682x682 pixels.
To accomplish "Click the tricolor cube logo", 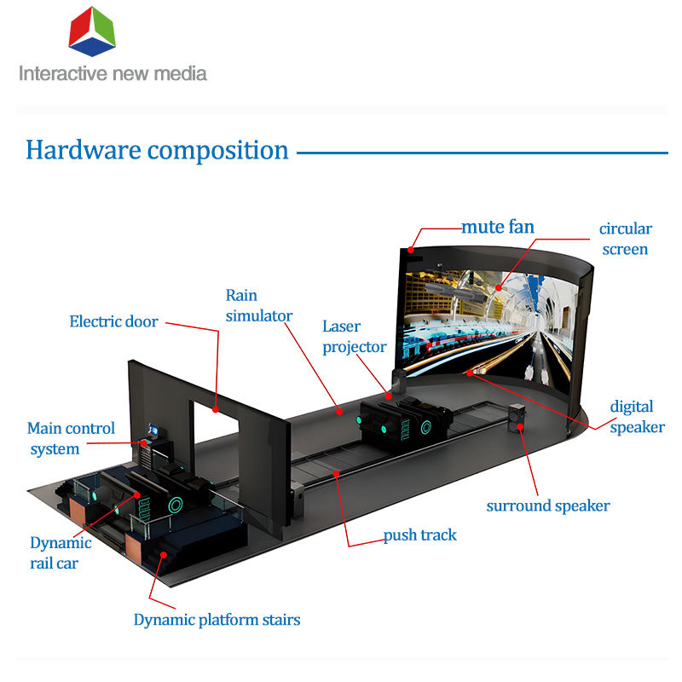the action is pyautogui.click(x=92, y=32).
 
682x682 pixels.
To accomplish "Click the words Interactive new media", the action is pyautogui.click(x=113, y=73).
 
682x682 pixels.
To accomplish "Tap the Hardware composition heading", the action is pyautogui.click(x=157, y=151).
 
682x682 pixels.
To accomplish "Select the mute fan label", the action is pyautogui.click(x=498, y=227).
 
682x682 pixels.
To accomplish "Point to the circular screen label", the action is pyautogui.click(x=626, y=239).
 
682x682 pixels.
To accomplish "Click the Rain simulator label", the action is pyautogui.click(x=259, y=305).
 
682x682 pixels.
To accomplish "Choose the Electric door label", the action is pyautogui.click(x=113, y=321).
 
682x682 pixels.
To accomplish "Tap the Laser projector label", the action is pyautogui.click(x=354, y=337).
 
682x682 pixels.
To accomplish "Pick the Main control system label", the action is pyautogui.click(x=71, y=438).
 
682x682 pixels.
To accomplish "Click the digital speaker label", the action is pyautogui.click(x=637, y=417).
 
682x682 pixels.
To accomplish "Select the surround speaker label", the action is pyautogui.click(x=548, y=506).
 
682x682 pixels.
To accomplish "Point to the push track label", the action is pyautogui.click(x=419, y=535).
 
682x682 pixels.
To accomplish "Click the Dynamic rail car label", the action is pyautogui.click(x=61, y=552).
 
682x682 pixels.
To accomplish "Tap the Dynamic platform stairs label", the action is pyautogui.click(x=217, y=620).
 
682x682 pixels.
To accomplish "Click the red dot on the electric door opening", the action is pyautogui.click(x=216, y=409).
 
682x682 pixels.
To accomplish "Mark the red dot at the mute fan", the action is pyautogui.click(x=411, y=250).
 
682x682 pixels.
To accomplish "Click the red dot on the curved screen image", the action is pyautogui.click(x=499, y=287).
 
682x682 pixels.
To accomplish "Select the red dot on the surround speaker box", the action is pyautogui.click(x=520, y=427).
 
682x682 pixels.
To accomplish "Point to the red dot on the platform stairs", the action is pyautogui.click(x=164, y=555).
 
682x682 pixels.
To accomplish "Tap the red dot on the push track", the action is pyautogui.click(x=336, y=473).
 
